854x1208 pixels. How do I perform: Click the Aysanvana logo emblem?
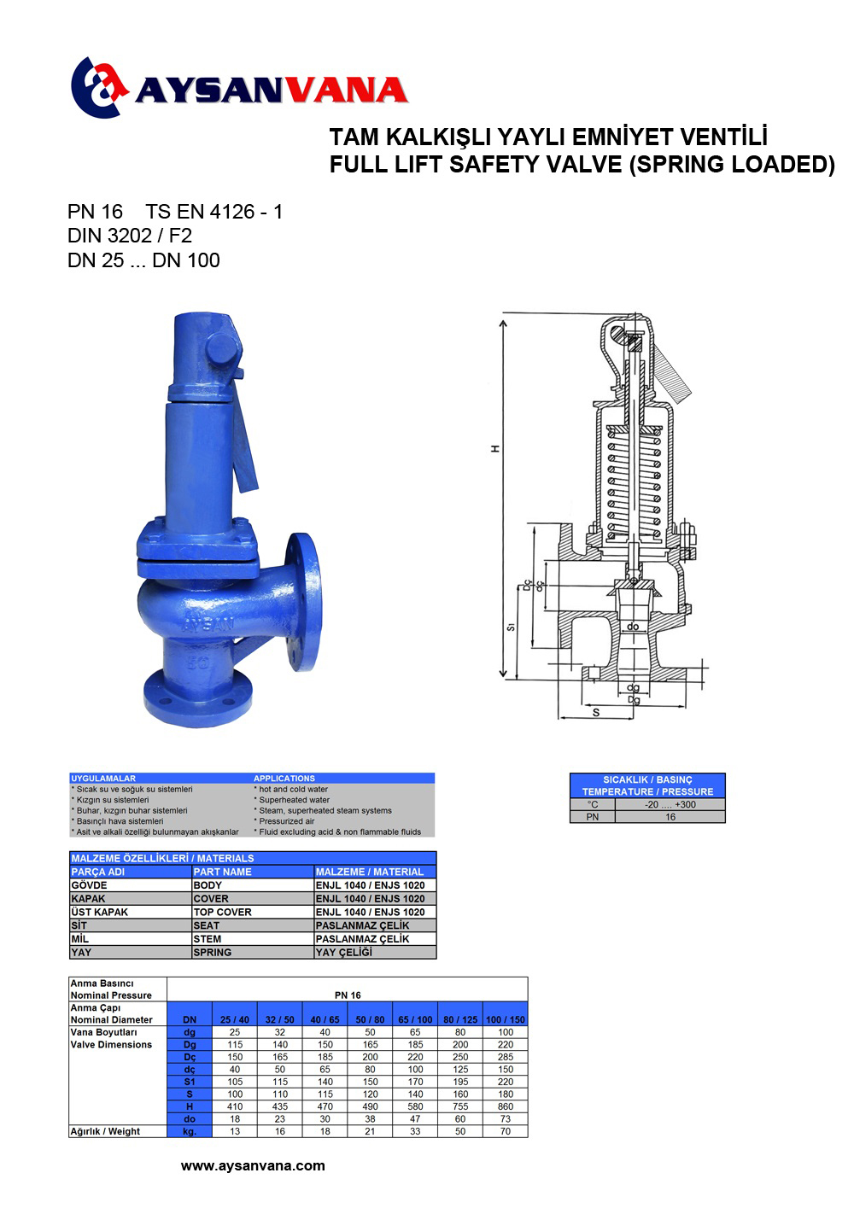[x=99, y=87]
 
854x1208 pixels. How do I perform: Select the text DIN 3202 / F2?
[x=130, y=236]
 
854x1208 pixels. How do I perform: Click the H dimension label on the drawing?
[x=495, y=449]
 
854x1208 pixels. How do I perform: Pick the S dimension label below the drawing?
[x=596, y=712]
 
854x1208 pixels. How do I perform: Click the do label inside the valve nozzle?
[x=633, y=626]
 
